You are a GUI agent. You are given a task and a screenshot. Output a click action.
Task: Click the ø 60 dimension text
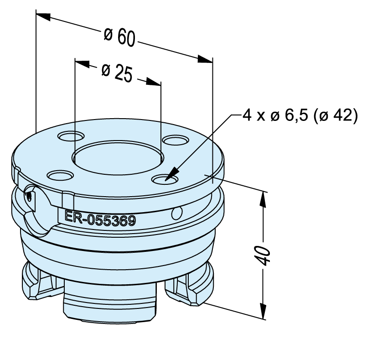pyautogui.click(x=119, y=37)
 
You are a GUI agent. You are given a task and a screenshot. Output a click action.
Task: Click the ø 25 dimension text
pyautogui.click(x=117, y=73)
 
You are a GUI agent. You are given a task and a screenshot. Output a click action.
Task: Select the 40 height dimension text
pyautogui.click(x=264, y=256)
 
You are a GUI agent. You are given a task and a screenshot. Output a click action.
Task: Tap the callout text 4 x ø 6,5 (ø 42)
pyautogui.click(x=300, y=115)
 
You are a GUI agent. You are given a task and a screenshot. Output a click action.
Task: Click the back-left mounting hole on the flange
pyautogui.click(x=71, y=136)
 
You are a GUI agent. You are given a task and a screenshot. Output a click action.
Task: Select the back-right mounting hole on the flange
pyautogui.click(x=176, y=140)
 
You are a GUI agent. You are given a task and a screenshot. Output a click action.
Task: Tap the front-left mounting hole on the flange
pyautogui.click(x=60, y=175)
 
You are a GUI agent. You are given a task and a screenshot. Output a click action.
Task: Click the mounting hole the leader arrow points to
pyautogui.click(x=165, y=179)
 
